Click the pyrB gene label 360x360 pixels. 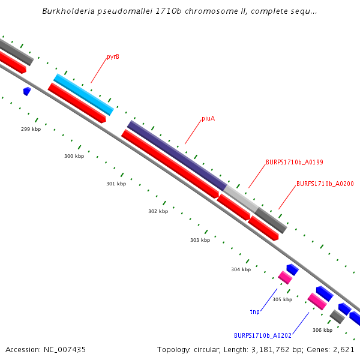[113, 57]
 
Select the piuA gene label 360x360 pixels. [208, 119]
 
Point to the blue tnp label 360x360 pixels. [254, 312]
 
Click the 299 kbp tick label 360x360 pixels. [31, 129]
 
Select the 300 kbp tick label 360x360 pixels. [74, 156]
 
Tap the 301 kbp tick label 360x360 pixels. [116, 184]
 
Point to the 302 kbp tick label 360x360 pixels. [158, 211]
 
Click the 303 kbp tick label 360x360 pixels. [200, 240]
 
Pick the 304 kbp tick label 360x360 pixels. [241, 269]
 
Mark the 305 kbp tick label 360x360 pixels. [282, 299]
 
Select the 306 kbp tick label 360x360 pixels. [322, 330]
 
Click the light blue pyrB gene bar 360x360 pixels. [83, 94]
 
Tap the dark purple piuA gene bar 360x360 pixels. [176, 155]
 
